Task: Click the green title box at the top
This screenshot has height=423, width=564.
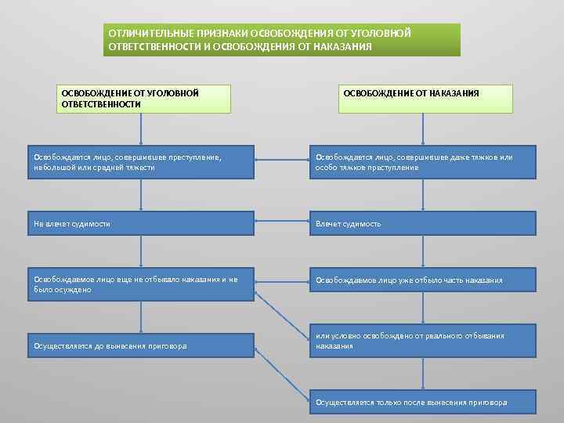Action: point(282,40)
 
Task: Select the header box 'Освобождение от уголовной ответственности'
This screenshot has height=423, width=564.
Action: point(145,99)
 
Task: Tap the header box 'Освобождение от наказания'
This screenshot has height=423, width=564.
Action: point(425,99)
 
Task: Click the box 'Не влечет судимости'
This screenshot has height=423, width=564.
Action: point(141,223)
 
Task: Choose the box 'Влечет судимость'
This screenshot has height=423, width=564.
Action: point(423,223)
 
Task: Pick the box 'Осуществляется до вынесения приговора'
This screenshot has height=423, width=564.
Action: point(141,345)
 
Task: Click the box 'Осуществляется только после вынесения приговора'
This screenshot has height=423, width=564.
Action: point(423,403)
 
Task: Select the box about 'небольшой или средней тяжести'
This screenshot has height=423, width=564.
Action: point(141,162)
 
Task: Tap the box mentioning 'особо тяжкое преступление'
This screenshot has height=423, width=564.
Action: point(423,162)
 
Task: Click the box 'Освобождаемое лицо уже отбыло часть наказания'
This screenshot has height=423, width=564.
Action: point(423,280)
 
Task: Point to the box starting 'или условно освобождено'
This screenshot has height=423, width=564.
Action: point(423,341)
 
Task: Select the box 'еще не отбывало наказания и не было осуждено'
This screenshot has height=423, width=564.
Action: point(141,284)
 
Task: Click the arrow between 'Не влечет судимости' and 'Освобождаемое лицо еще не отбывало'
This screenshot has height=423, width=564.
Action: point(141,251)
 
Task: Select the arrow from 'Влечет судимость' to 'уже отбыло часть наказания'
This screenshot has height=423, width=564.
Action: point(423,251)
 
